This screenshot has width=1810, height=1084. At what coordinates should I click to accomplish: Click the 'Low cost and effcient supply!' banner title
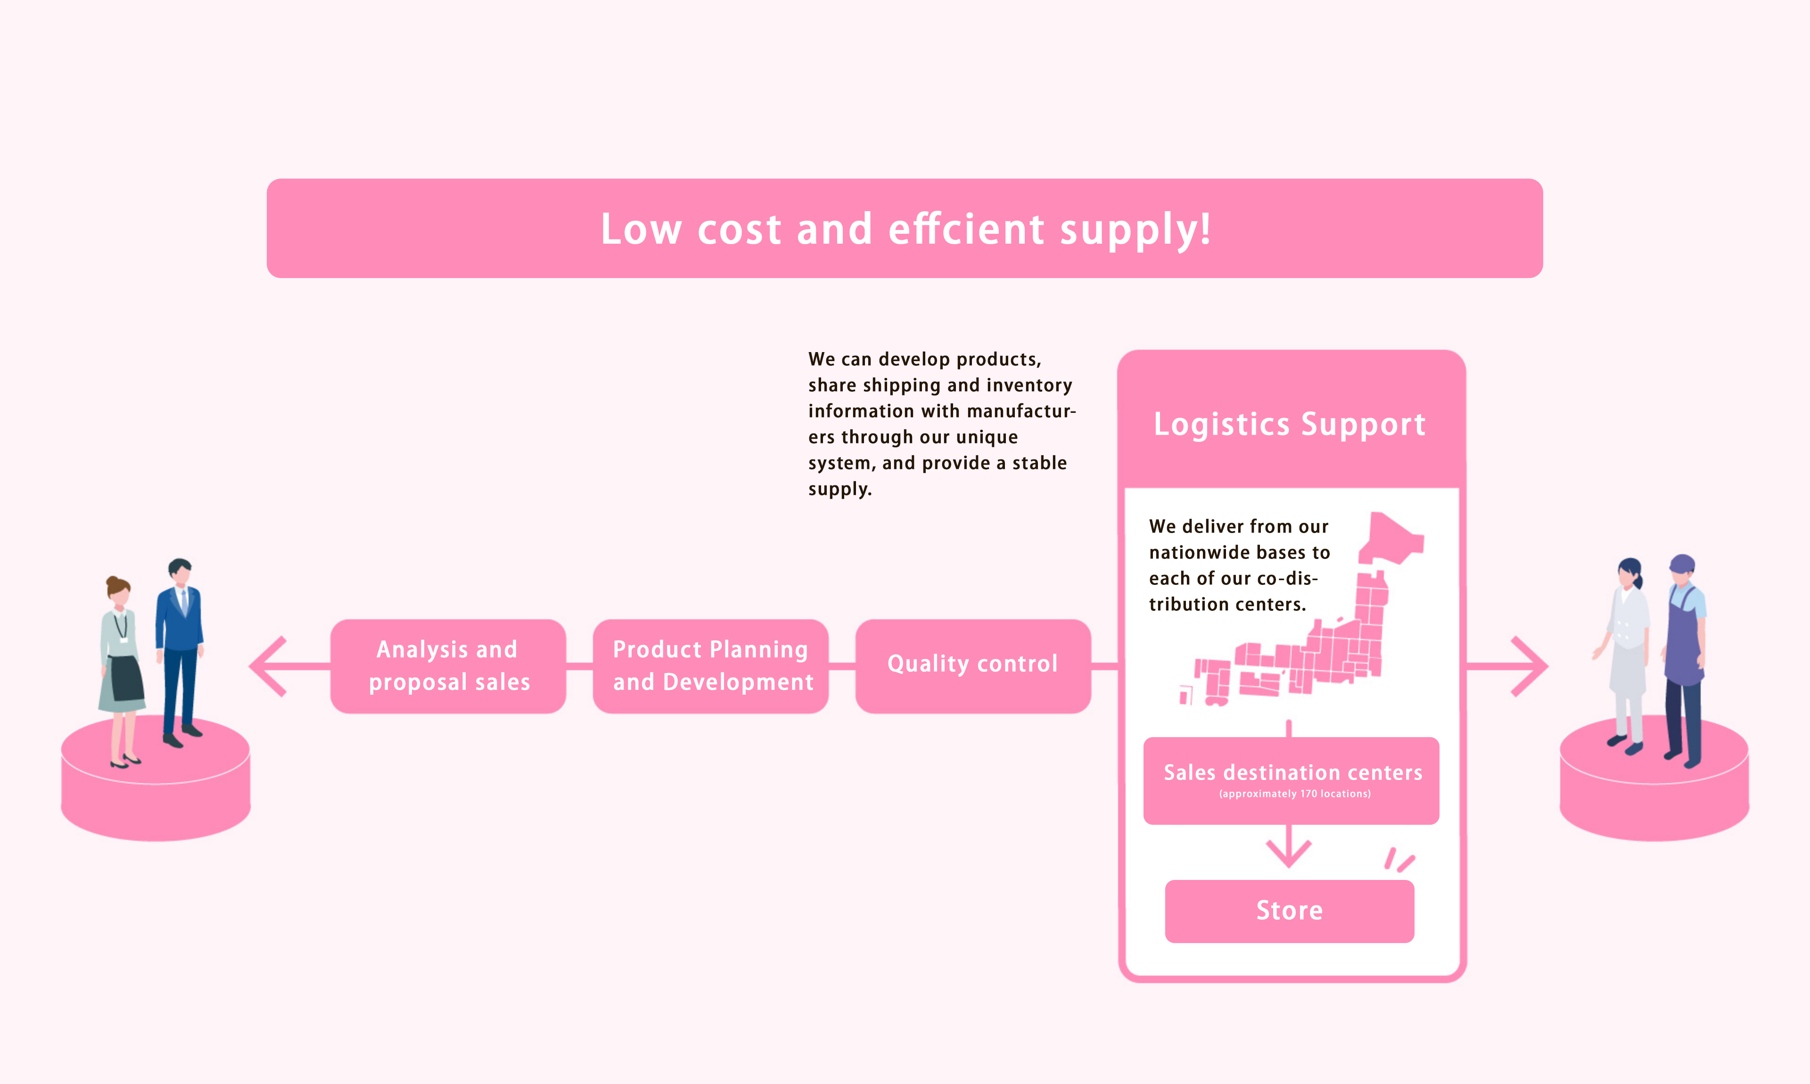[x=905, y=229]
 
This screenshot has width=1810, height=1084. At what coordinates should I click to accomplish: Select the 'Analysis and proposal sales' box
[x=448, y=665]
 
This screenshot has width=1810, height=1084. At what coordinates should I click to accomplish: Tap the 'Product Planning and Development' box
[x=711, y=665]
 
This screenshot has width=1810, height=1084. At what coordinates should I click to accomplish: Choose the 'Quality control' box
[x=972, y=664]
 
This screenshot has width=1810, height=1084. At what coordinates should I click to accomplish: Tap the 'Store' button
[x=1289, y=911]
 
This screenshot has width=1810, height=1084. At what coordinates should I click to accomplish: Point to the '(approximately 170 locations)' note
[x=1294, y=794]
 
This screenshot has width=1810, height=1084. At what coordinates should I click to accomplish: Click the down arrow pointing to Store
[x=1289, y=851]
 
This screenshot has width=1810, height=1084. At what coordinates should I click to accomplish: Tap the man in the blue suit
[x=179, y=650]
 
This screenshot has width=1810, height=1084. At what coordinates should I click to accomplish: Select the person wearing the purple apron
[x=1684, y=657]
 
